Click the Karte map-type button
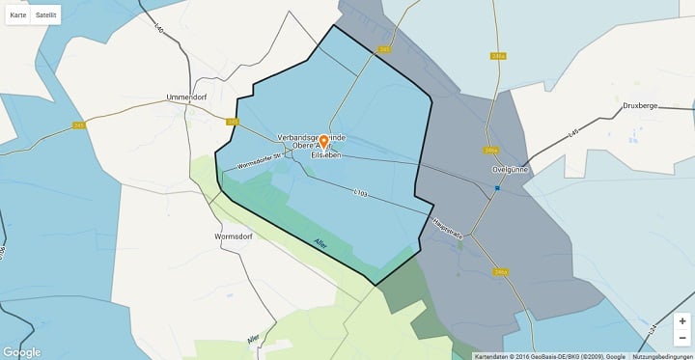click(18, 15)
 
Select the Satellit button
click(45, 15)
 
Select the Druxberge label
click(640, 105)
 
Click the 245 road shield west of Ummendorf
click(79, 125)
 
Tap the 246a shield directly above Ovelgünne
click(491, 151)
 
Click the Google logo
click(22, 352)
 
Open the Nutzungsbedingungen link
click(663, 356)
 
